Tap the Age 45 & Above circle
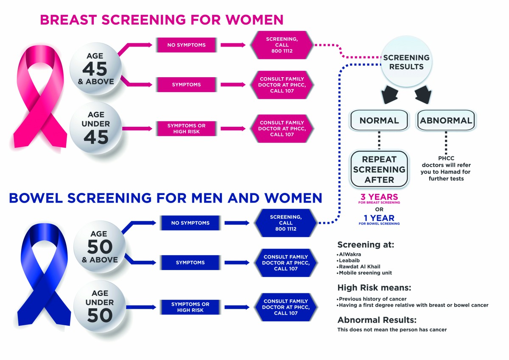click(x=96, y=69)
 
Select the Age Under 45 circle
click(x=96, y=128)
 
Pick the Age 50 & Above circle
click(x=100, y=247)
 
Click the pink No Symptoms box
click(x=187, y=45)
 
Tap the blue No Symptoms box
click(x=190, y=223)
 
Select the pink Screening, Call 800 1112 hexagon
click(x=282, y=45)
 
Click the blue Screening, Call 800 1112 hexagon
click(x=285, y=223)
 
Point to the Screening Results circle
click(x=406, y=62)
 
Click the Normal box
click(x=379, y=120)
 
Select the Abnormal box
click(x=446, y=120)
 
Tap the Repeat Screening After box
click(x=379, y=169)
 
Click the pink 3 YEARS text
click(x=379, y=197)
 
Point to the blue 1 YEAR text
click(x=379, y=218)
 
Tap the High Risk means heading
click(x=374, y=287)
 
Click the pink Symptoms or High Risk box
click(x=187, y=128)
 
